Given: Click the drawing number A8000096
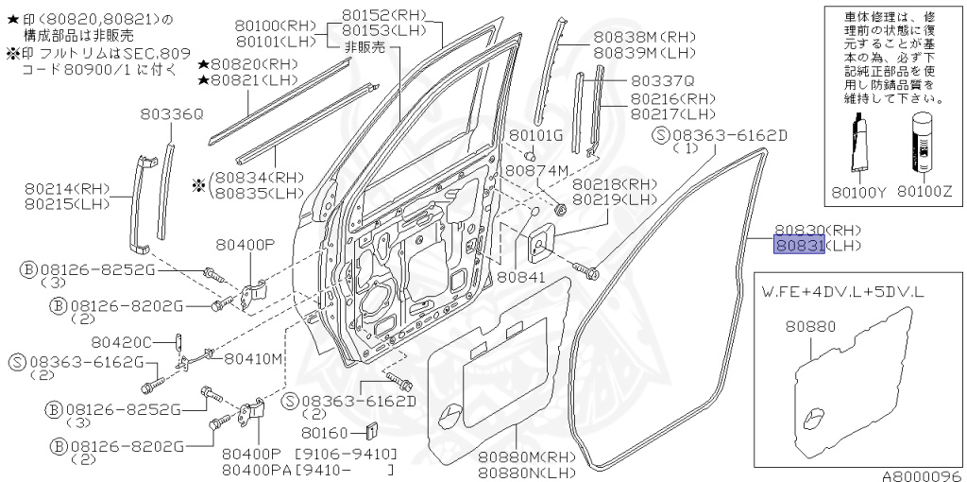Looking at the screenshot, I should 921,475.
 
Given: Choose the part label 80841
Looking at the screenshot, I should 521,278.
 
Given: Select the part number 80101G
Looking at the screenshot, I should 535,135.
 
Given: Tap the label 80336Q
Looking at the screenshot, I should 172,114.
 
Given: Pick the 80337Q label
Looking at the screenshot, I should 662,81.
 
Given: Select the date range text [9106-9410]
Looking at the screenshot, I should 347,454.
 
